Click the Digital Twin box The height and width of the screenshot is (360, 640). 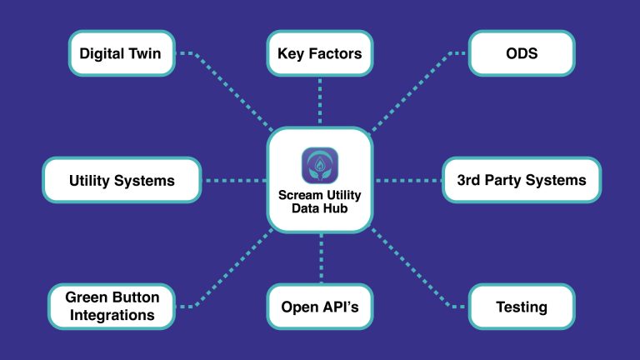point(121,53)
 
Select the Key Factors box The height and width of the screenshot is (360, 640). point(320,53)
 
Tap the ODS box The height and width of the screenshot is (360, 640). point(521,53)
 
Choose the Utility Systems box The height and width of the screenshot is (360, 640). point(122,180)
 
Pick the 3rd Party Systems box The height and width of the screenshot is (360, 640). point(522,180)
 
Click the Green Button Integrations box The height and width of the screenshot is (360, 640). point(112,306)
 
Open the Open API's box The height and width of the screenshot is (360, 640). point(320,307)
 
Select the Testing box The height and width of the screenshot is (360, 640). point(521,307)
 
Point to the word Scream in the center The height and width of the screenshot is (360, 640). point(299,196)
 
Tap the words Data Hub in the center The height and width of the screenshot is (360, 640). point(320,210)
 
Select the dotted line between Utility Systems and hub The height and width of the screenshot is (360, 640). point(233,180)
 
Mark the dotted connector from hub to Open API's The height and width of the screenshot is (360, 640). point(320,258)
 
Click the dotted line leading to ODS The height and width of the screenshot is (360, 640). point(417,92)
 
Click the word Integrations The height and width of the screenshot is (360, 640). point(112,315)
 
